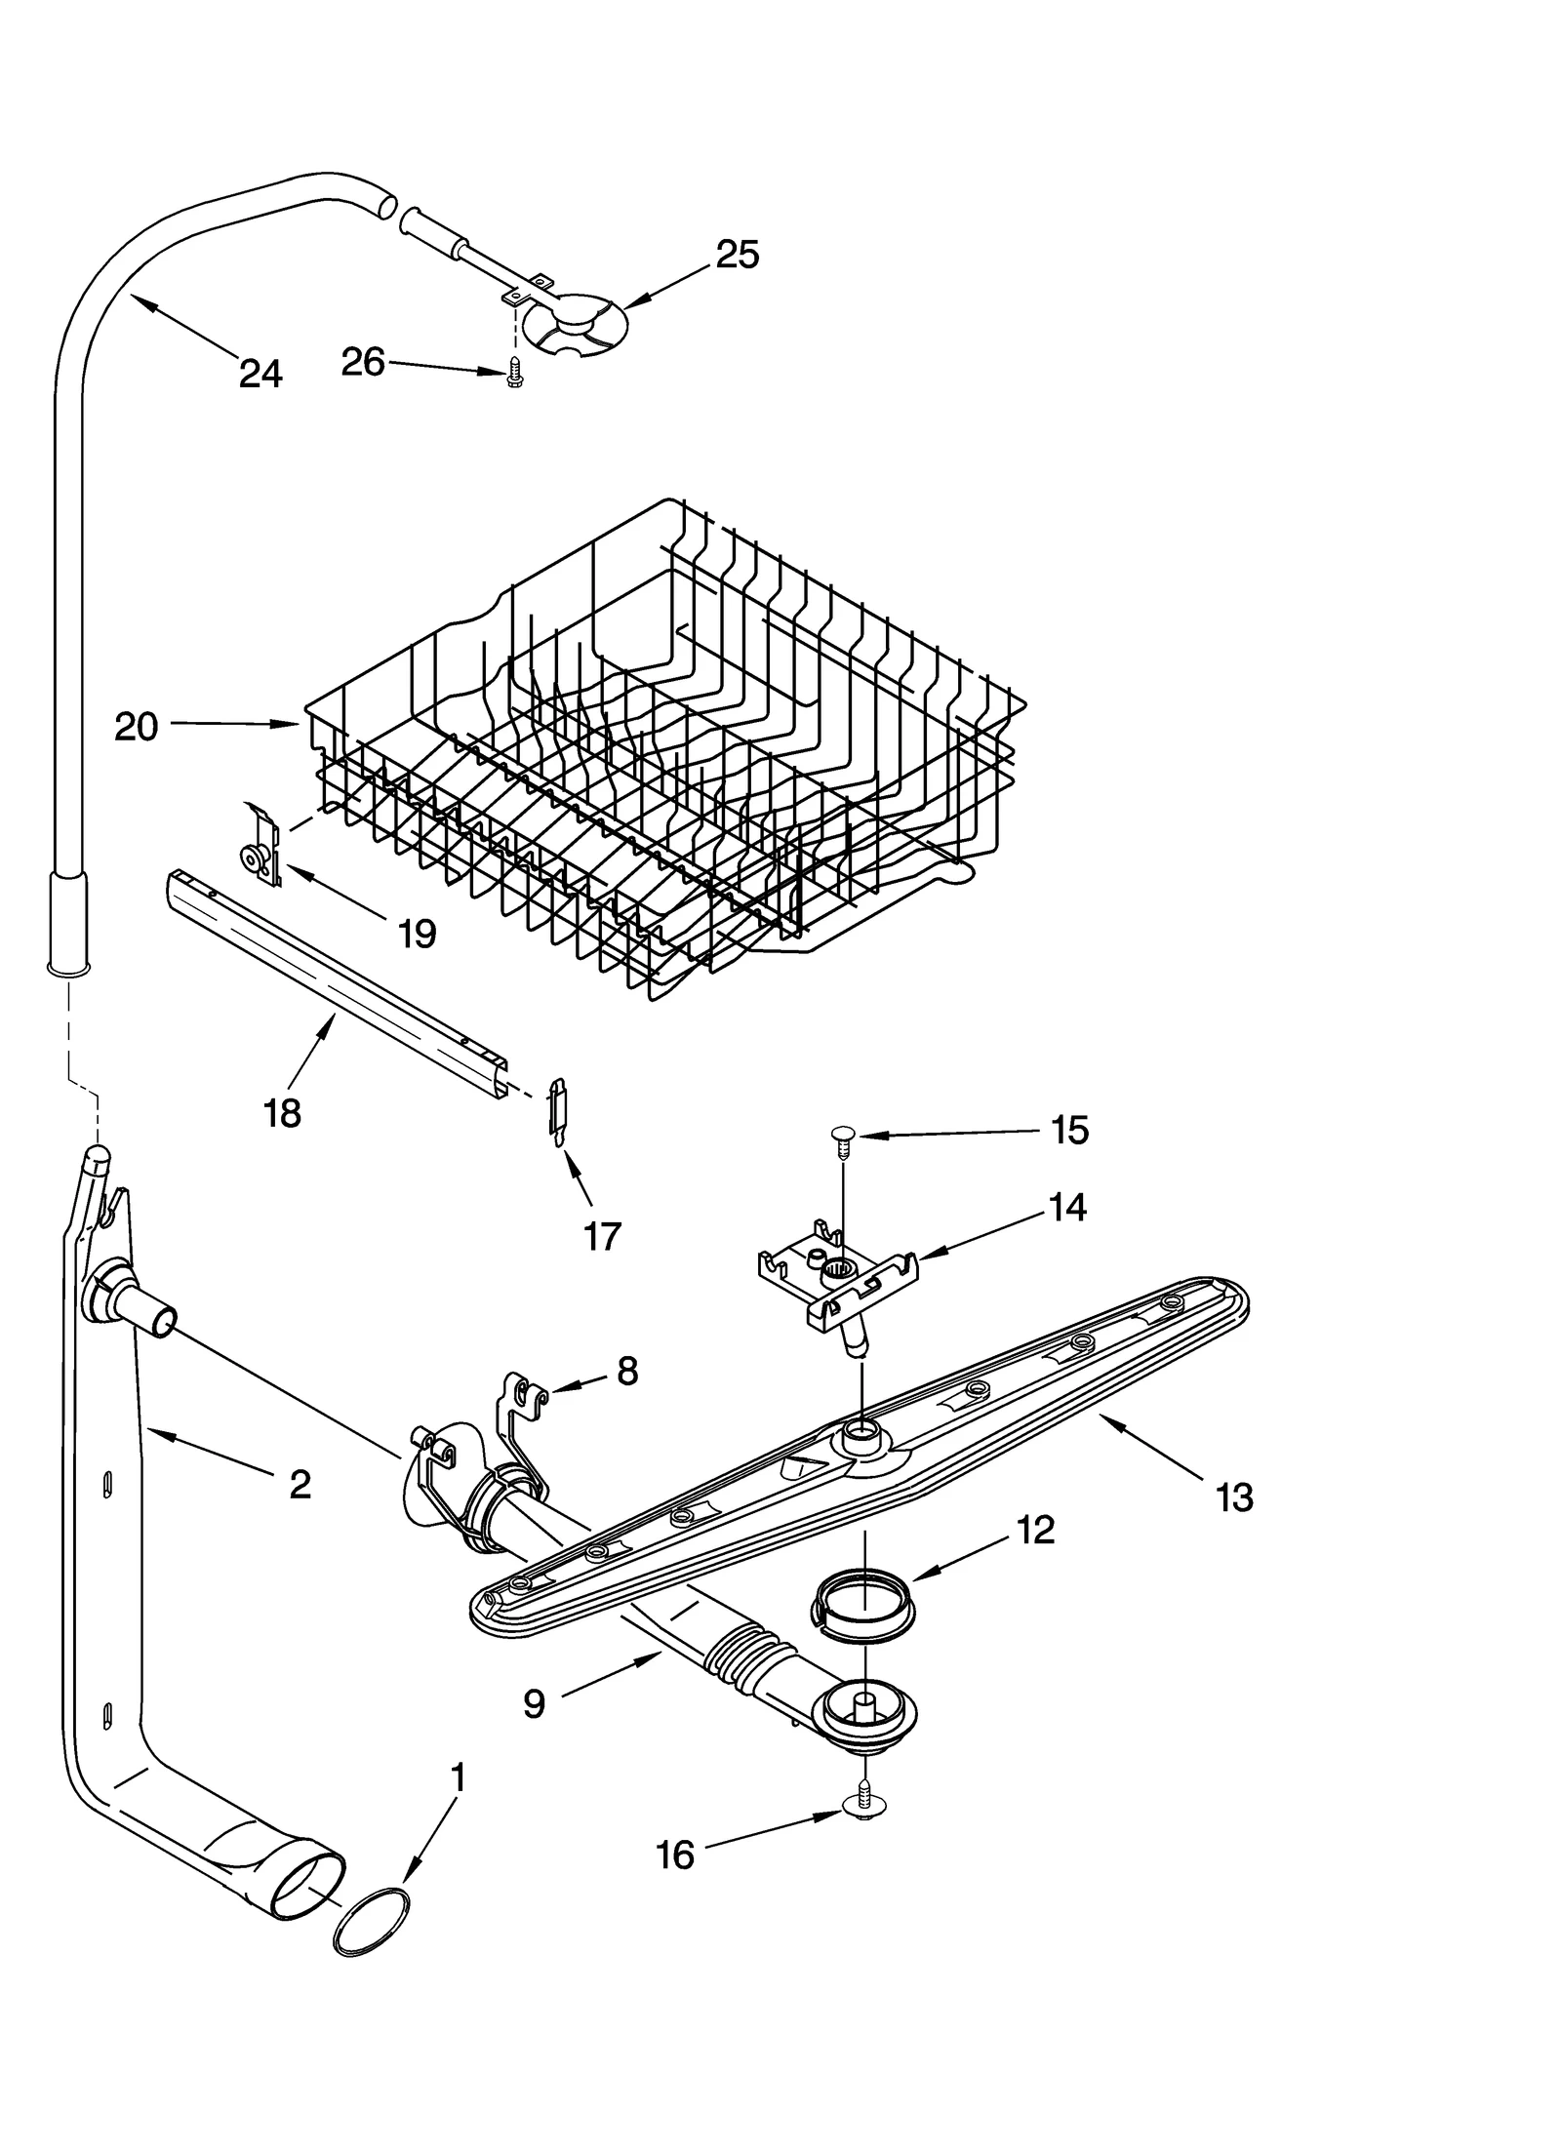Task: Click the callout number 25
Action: pos(737,255)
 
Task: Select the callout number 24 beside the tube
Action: pos(260,374)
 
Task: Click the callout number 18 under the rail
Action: pos(282,1113)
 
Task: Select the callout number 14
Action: pos(1067,1208)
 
